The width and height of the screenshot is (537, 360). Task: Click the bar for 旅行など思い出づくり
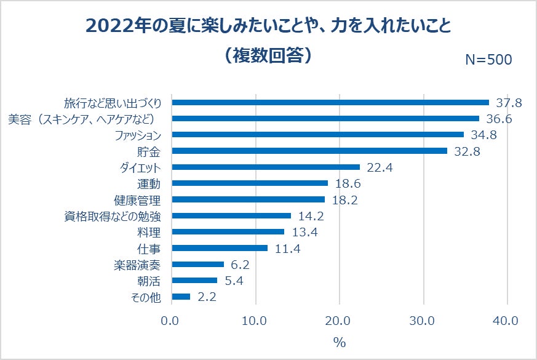(x=330, y=102)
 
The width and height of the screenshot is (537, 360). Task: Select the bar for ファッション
(x=318, y=134)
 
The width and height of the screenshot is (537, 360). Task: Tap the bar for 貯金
(x=309, y=151)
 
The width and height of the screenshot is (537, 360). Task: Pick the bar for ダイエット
(x=266, y=167)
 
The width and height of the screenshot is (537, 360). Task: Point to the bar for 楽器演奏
(x=198, y=264)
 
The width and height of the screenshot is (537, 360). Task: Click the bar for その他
(x=181, y=297)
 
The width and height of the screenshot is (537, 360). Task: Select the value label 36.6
(x=499, y=119)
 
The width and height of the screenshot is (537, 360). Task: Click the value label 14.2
(x=310, y=216)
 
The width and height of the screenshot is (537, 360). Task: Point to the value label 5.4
(x=236, y=281)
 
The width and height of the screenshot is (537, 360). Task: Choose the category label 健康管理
(x=137, y=200)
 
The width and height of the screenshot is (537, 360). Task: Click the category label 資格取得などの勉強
(x=113, y=216)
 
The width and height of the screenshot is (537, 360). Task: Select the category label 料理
(x=149, y=232)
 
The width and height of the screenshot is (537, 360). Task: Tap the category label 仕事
(x=149, y=248)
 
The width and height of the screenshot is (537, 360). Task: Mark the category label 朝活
(x=149, y=281)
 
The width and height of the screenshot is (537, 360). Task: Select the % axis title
(x=339, y=343)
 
